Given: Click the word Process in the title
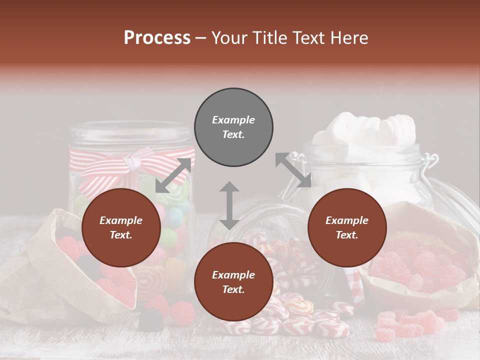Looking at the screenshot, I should click(157, 37).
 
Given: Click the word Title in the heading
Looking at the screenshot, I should click(269, 37).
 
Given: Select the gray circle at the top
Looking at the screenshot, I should click(233, 127).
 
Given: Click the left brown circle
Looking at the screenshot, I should click(121, 228).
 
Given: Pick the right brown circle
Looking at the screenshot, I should click(347, 228).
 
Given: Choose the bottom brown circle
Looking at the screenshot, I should click(233, 282).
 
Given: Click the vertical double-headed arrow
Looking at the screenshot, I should click(229, 205).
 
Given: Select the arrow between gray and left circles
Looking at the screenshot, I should click(173, 175).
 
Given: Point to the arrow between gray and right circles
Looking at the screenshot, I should click(293, 170).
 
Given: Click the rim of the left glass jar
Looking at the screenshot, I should click(131, 131).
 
